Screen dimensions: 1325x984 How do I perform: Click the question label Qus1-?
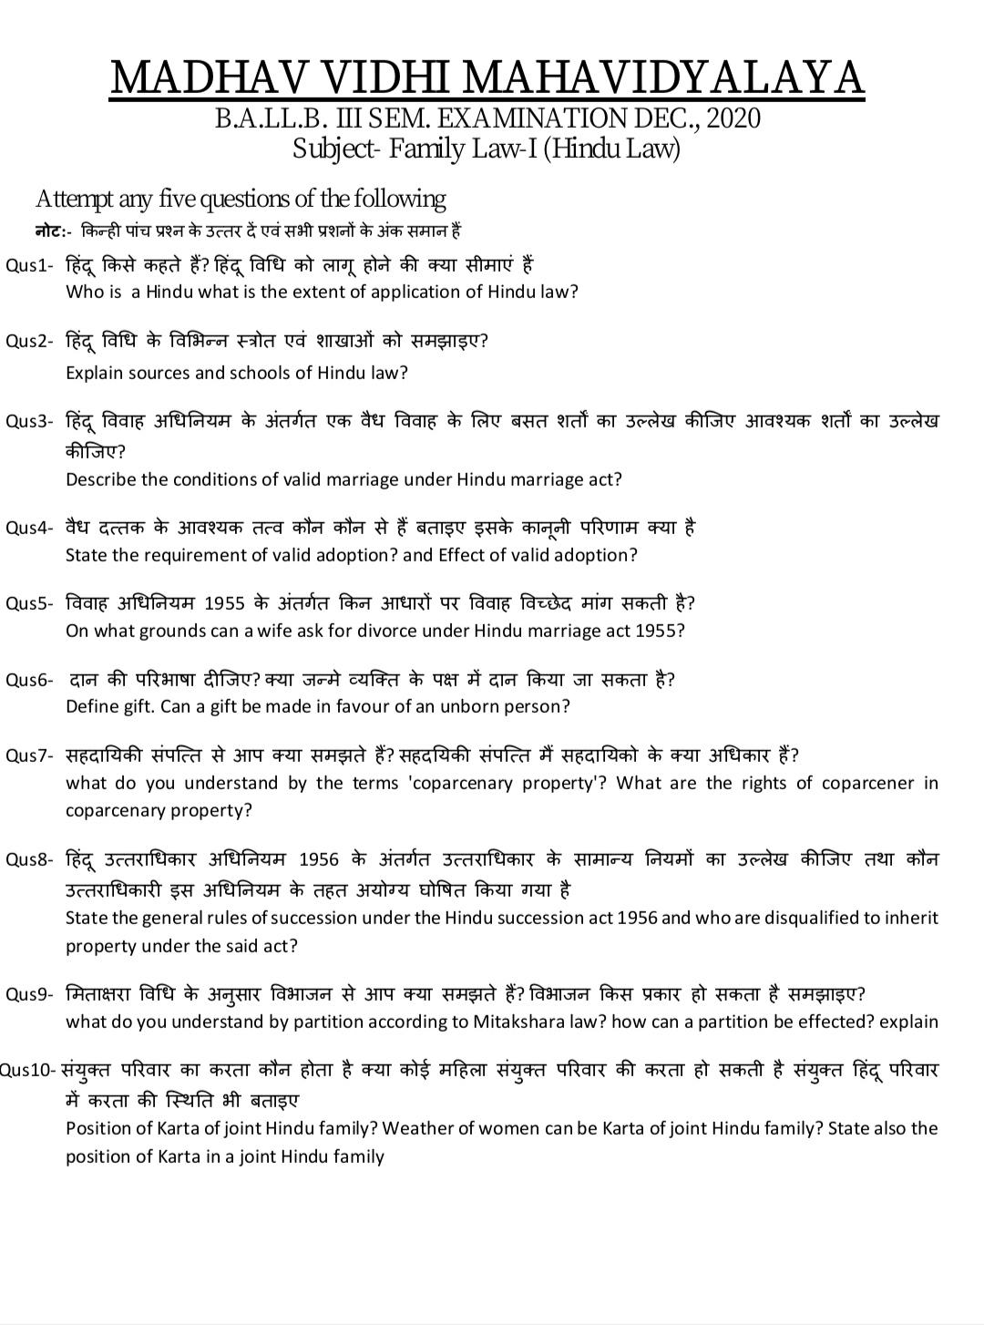point(30,266)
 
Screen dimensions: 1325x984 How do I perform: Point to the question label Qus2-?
point(30,342)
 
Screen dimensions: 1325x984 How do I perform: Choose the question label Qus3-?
point(30,421)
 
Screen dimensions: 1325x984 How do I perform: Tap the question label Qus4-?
point(30,529)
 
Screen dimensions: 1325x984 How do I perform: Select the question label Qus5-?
point(30,604)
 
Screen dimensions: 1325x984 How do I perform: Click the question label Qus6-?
point(30,680)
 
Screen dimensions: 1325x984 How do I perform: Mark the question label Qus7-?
point(30,755)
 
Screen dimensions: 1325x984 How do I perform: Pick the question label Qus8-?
point(30,859)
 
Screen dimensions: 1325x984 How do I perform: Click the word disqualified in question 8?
point(760,918)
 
